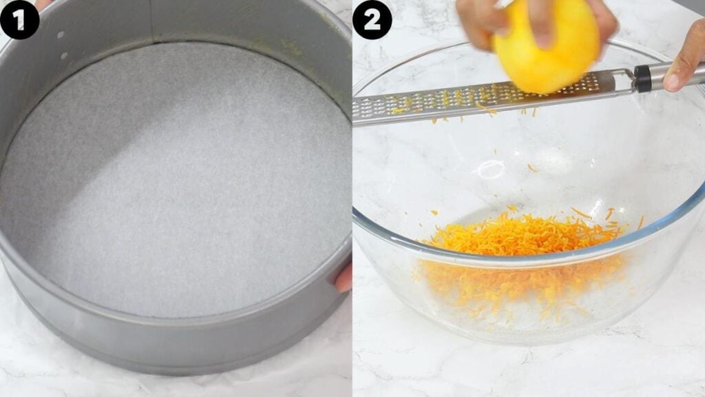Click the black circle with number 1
pyautogui.click(x=19, y=19)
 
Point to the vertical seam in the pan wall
pyautogui.click(x=151, y=21)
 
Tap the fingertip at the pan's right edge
pyautogui.click(x=344, y=278)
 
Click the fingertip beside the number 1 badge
pyautogui.click(x=43, y=3)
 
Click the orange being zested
pyautogui.click(x=547, y=45)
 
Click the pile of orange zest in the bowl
pyautogui.click(x=523, y=238)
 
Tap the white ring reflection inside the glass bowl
pyautogui.click(x=491, y=169)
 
